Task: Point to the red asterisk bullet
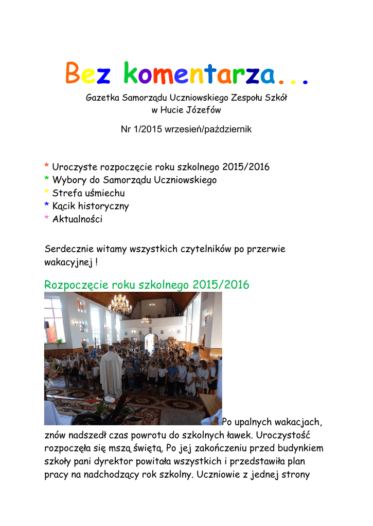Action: [x=47, y=167]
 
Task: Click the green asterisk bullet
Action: [x=47, y=180]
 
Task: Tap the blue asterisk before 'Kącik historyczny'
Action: [x=47, y=206]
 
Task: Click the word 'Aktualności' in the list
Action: [x=77, y=219]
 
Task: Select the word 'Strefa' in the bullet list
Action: [x=66, y=193]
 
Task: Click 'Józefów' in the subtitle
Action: [x=206, y=109]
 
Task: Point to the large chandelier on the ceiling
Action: [x=120, y=305]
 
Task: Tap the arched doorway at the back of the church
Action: [x=151, y=341]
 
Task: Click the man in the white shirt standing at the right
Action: [x=196, y=355]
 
